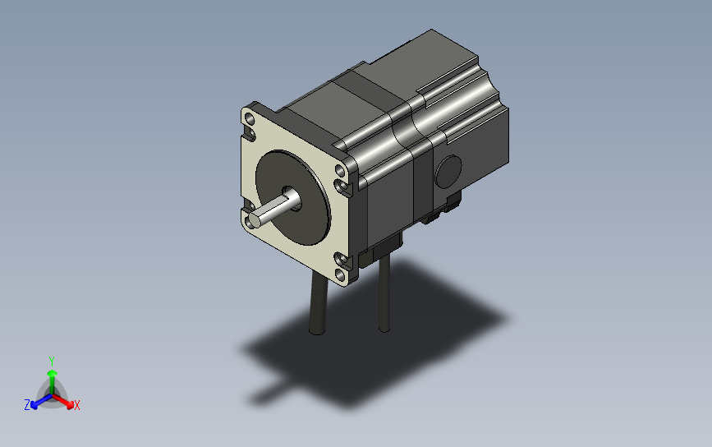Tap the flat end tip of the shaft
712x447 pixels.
point(254,220)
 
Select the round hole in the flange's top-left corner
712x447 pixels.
point(249,119)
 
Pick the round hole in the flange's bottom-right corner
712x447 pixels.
point(340,274)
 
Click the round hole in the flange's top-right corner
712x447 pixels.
point(340,170)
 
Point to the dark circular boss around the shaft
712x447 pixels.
point(293,197)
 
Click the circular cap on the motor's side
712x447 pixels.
point(448,172)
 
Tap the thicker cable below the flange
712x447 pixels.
point(318,302)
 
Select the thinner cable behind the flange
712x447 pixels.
point(384,293)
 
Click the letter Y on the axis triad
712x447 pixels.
point(52,362)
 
